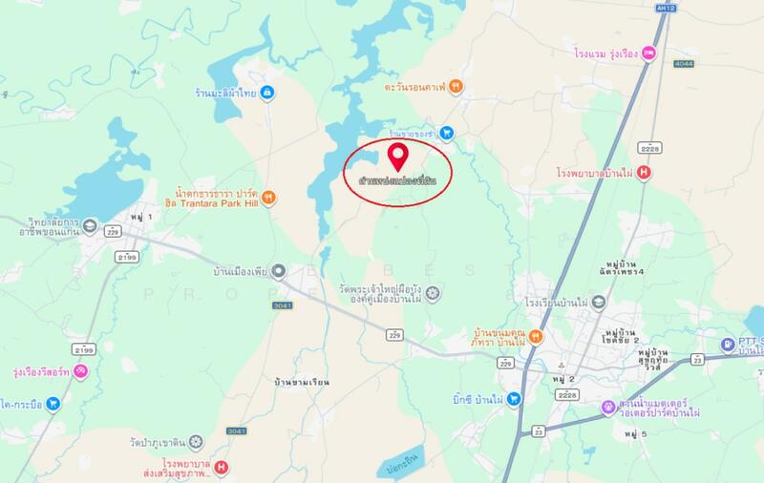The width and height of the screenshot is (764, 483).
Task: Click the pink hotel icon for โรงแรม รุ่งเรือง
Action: click(648, 52)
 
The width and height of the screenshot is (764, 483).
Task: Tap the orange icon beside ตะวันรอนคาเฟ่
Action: click(458, 86)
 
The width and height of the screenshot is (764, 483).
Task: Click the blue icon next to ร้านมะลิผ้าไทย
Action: click(268, 93)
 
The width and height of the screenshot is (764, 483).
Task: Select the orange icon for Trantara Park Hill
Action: click(269, 198)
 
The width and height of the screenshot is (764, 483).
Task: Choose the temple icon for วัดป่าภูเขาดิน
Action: click(196, 441)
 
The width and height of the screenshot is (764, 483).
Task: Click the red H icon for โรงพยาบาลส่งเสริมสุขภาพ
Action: click(223, 468)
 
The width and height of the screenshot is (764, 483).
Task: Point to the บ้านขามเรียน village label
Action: click(299, 382)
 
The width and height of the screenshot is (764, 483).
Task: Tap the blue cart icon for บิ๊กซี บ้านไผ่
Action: click(514, 398)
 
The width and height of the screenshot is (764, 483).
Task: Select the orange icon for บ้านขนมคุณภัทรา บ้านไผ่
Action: click(537, 336)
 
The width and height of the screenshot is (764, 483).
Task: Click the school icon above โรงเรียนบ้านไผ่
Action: click(598, 302)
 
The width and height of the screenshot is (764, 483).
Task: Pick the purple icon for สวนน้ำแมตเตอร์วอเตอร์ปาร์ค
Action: click(607, 407)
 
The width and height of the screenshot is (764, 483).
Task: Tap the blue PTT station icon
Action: click(730, 344)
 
